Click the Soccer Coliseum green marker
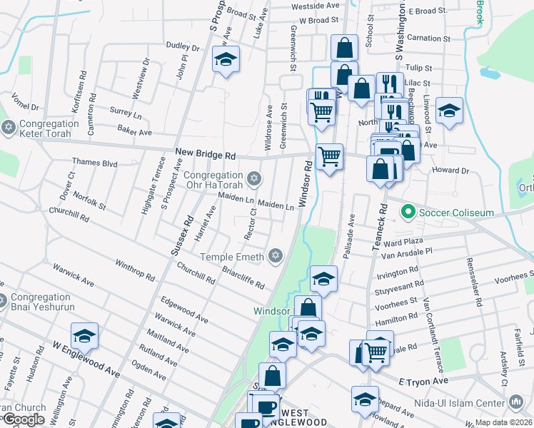[408, 211]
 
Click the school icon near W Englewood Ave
[84, 335]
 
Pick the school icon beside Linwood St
[449, 111]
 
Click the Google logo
[24, 420]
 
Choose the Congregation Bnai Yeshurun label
[39, 305]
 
